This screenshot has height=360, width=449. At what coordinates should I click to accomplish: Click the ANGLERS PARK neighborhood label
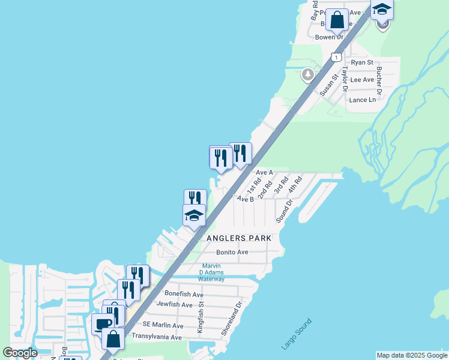(x=239, y=238)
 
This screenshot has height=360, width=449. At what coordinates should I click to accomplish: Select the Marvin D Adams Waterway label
(x=211, y=273)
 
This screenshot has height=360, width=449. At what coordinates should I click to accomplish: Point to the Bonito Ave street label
(x=232, y=253)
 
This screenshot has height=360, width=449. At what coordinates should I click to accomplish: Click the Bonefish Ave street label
(x=184, y=295)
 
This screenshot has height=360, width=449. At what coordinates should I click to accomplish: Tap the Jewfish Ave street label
(x=175, y=305)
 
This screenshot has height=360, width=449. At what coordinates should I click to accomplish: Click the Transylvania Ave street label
(x=157, y=337)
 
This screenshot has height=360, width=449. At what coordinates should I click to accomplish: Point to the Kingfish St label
(x=201, y=317)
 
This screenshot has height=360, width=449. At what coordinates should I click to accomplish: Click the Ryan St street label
(x=362, y=62)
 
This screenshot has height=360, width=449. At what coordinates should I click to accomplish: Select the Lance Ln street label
(x=362, y=100)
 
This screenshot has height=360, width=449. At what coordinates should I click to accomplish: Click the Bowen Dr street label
(x=329, y=37)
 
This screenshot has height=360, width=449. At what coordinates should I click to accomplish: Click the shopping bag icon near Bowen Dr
(x=338, y=19)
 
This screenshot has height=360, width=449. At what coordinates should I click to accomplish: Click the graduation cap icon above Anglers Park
(x=194, y=216)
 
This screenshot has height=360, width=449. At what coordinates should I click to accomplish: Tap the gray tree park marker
(x=308, y=74)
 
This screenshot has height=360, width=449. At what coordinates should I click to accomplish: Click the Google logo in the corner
(x=20, y=353)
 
